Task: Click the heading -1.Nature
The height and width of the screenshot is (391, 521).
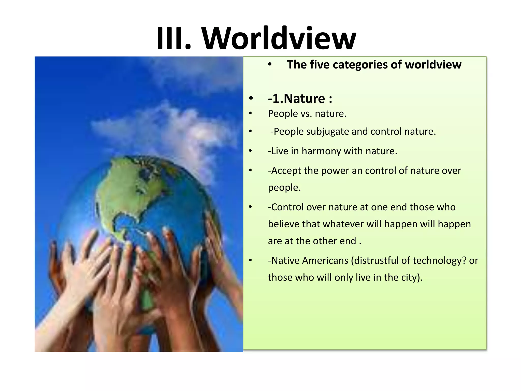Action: point(300,99)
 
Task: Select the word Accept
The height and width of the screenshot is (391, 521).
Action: point(285,171)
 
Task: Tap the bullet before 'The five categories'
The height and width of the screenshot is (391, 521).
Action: point(270,65)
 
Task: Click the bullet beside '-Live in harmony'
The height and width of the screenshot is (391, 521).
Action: point(251,151)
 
